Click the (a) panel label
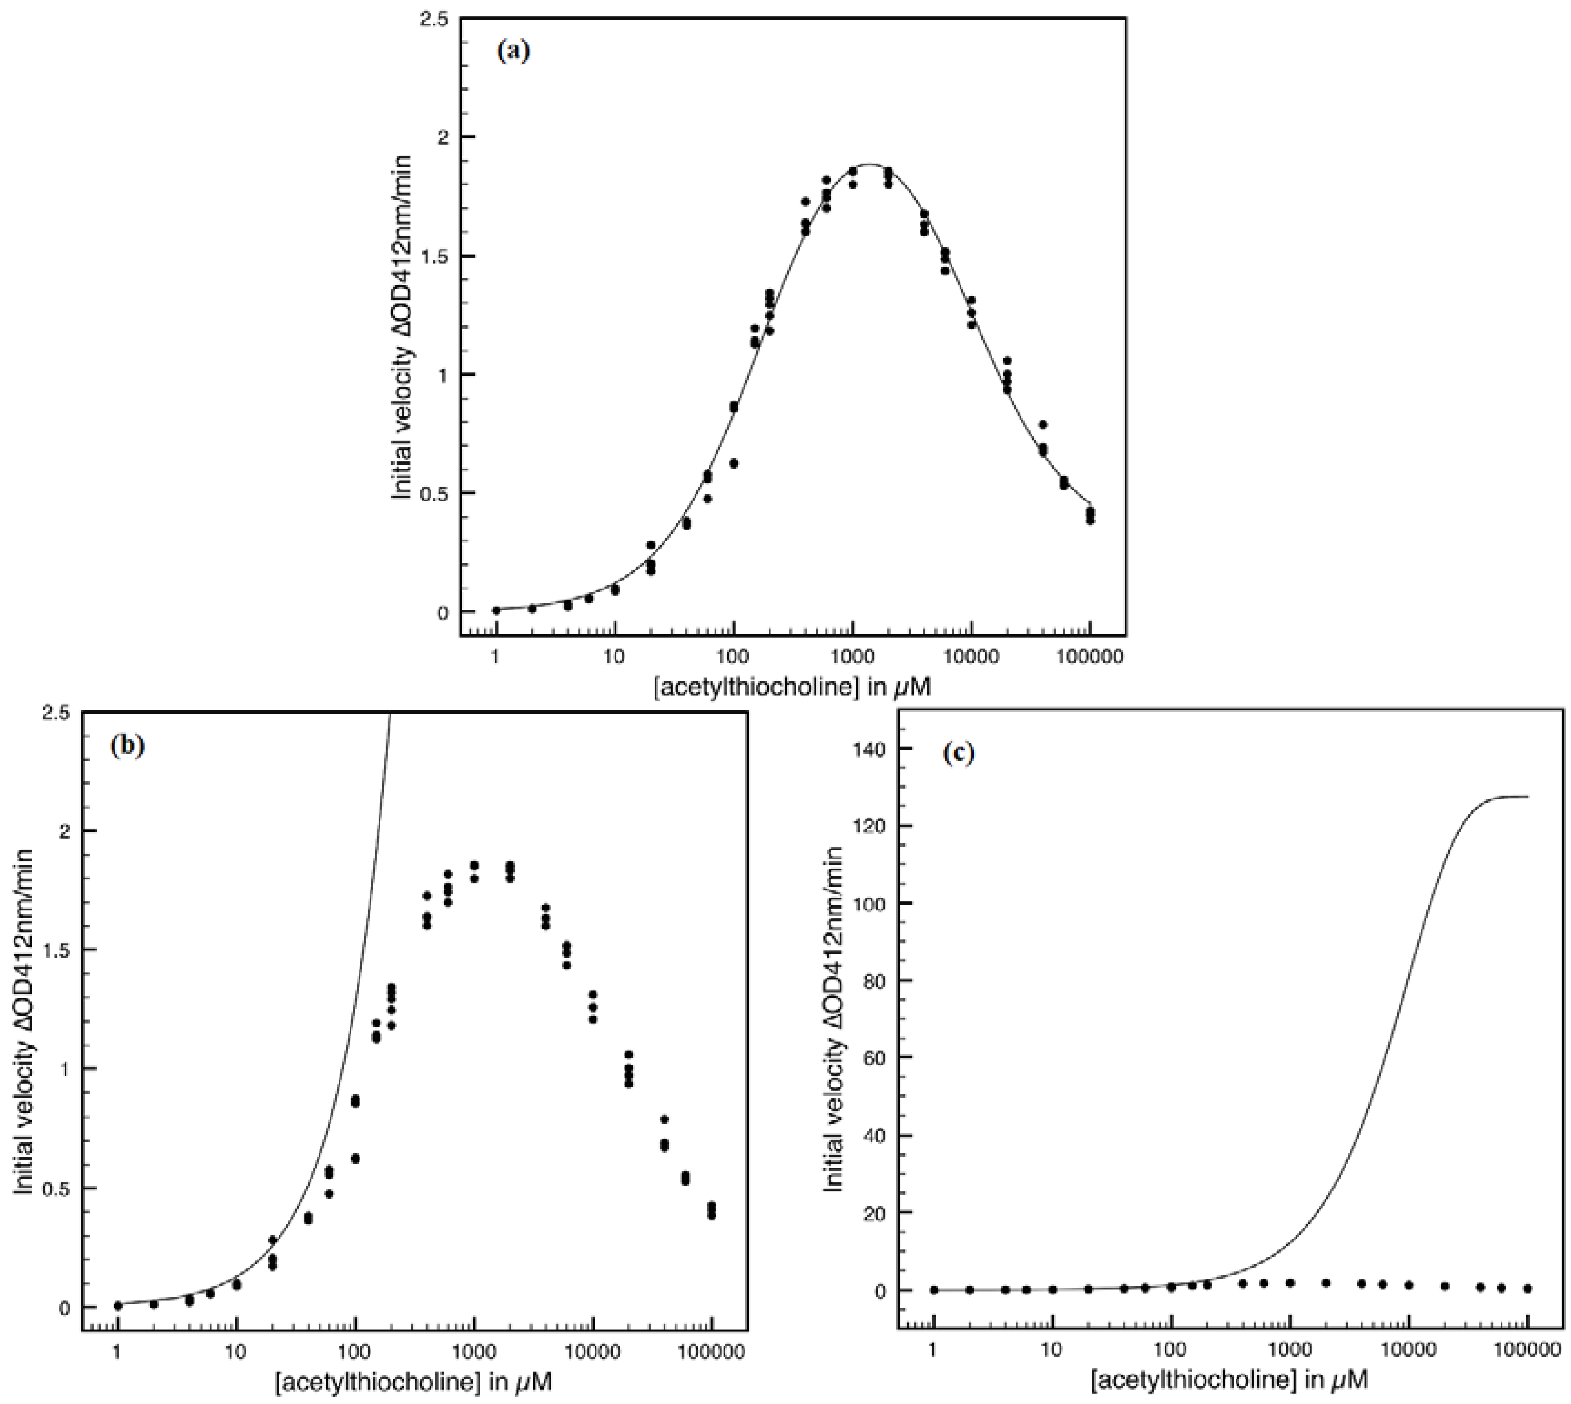(514, 52)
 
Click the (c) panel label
(959, 753)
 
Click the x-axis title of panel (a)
(792, 687)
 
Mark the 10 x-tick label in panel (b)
(236, 1352)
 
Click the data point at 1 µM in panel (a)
(496, 610)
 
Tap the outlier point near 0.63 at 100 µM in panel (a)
(734, 463)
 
